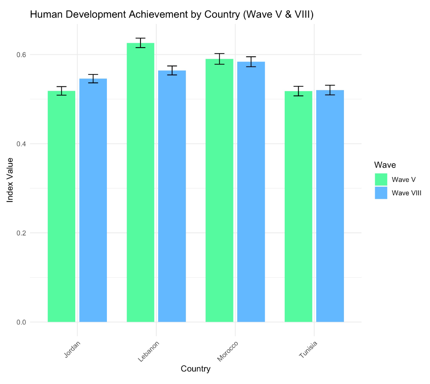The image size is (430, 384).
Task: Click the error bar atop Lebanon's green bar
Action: click(140, 43)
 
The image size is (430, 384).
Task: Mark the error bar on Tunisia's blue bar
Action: click(330, 90)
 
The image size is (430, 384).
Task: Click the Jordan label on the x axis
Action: click(72, 349)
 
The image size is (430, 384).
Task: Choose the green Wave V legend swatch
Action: click(381, 179)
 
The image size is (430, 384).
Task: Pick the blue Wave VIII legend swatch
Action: click(381, 193)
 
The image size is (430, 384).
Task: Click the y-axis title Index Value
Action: click(10, 180)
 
